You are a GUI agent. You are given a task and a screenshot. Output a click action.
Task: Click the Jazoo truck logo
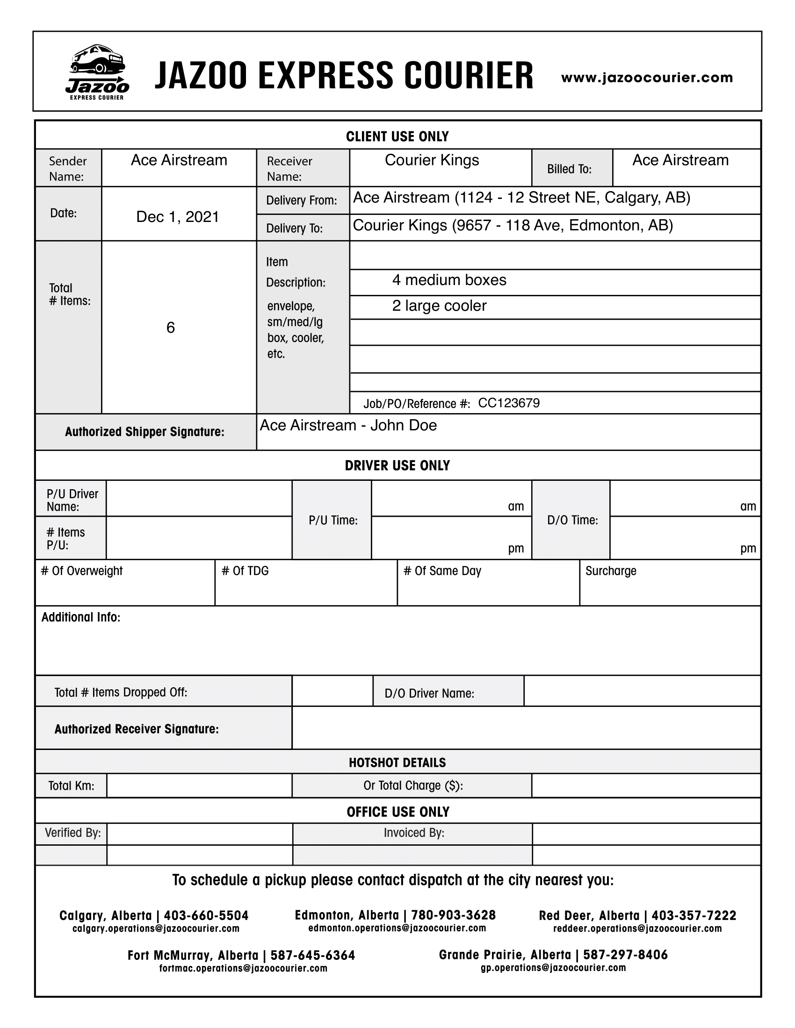tap(97, 71)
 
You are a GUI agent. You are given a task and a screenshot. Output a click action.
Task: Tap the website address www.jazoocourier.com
tap(647, 78)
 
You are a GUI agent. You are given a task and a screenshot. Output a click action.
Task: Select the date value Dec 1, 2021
tap(178, 216)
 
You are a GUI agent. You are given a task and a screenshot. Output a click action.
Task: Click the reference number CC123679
tap(509, 403)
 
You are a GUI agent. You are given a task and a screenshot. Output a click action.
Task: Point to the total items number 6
tap(171, 327)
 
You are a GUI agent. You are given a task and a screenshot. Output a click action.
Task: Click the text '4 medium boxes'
tap(449, 280)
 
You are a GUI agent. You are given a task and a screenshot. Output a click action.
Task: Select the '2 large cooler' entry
tap(439, 306)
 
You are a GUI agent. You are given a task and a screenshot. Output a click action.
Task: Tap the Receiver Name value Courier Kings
tap(432, 160)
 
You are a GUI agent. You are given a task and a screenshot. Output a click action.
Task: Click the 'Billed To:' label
tap(569, 169)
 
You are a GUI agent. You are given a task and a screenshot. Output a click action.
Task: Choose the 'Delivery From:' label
tap(302, 200)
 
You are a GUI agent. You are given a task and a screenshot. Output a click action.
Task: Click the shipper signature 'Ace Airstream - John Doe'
tap(348, 425)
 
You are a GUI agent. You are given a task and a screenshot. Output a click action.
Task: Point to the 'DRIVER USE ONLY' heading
tap(397, 465)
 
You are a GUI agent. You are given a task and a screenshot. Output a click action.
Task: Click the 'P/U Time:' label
tap(333, 520)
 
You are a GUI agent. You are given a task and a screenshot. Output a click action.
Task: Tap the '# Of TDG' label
tap(245, 571)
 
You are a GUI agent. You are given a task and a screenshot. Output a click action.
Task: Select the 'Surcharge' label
tap(610, 571)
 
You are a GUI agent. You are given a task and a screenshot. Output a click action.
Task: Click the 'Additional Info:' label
tap(80, 617)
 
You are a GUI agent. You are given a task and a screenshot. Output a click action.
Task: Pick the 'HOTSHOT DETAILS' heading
tap(397, 763)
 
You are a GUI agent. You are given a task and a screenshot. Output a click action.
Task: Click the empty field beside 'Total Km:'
tap(199, 785)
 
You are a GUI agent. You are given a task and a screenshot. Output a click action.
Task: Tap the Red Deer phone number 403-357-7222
tap(693, 915)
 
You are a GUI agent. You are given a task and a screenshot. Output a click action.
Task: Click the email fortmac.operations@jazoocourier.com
tap(243, 968)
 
